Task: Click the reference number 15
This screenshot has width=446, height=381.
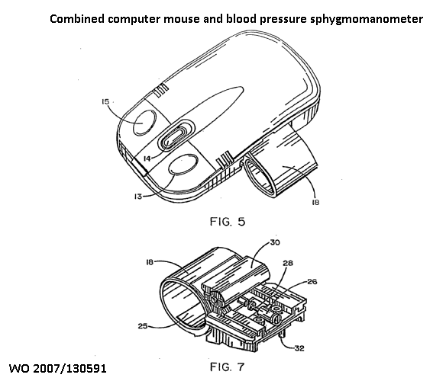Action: [x=105, y=101]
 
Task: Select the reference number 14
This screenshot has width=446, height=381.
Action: [x=147, y=158]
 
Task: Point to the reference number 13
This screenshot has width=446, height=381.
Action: [x=138, y=196]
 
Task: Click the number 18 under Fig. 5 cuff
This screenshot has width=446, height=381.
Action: [x=315, y=202]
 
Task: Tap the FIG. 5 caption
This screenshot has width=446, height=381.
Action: [x=228, y=222]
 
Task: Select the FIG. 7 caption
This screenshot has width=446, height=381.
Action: [x=227, y=367]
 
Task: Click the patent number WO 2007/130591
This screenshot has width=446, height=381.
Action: [x=58, y=369]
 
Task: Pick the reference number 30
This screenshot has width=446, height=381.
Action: [x=275, y=242]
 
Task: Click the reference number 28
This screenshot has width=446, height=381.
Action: [x=288, y=263]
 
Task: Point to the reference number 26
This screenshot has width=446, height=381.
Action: [x=312, y=282]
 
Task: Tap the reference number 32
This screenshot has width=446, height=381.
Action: [x=300, y=348]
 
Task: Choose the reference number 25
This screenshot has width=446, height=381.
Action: [x=143, y=326]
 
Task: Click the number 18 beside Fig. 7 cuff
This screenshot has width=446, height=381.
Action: [x=150, y=262]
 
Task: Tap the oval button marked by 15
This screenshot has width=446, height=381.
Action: [x=145, y=123]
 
